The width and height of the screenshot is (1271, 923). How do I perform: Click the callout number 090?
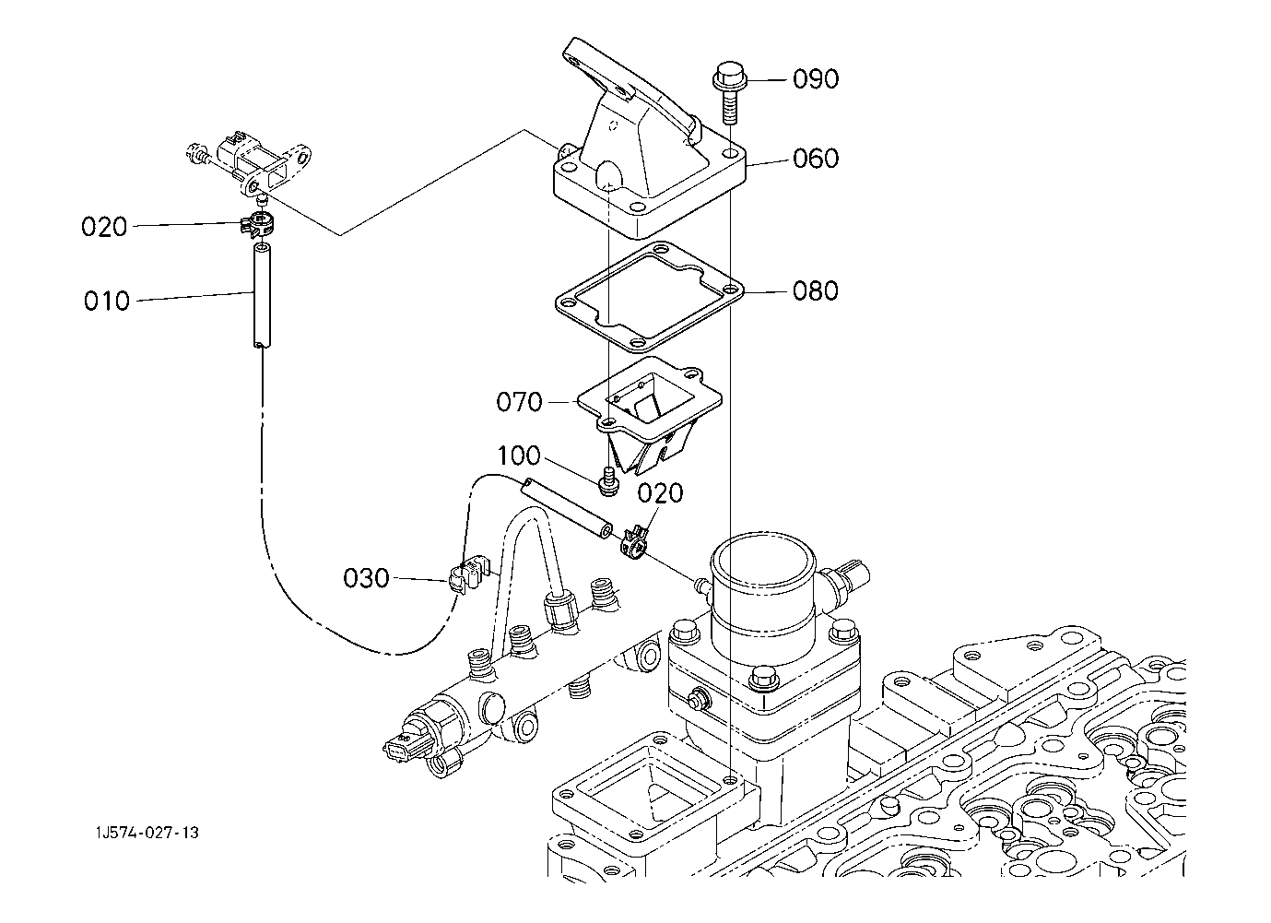(x=816, y=79)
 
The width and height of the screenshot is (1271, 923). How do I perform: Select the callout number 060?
(x=816, y=159)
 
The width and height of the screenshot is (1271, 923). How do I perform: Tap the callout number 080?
(x=816, y=290)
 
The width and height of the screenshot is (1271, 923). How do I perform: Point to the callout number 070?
(x=519, y=402)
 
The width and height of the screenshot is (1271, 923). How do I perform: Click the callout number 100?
(x=519, y=456)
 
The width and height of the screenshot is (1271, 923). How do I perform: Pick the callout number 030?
(x=366, y=578)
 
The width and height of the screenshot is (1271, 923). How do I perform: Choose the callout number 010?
(x=107, y=301)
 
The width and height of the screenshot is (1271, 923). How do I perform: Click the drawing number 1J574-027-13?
(x=147, y=833)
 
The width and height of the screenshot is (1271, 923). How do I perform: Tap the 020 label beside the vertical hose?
(x=104, y=227)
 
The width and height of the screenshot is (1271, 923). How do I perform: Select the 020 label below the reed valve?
(x=660, y=493)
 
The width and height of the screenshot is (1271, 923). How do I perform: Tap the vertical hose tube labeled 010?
(x=262, y=295)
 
